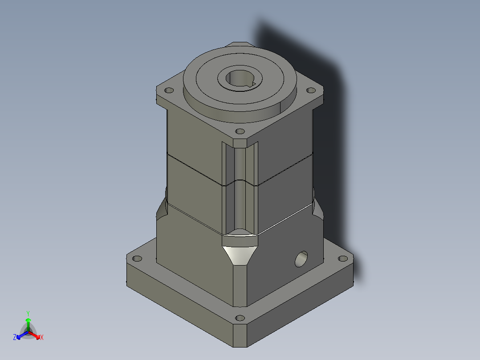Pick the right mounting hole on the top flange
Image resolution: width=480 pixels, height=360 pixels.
coord(311,90)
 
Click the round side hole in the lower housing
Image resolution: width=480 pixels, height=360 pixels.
coord(301,259)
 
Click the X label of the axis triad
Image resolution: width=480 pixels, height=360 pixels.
coord(42,338)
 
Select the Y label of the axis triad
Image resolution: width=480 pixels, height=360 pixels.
coord(28,313)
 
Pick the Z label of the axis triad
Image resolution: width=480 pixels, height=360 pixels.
coord(15,338)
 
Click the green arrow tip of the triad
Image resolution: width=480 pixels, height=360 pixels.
coord(28,319)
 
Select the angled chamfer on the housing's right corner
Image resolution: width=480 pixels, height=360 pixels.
coord(317,208)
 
